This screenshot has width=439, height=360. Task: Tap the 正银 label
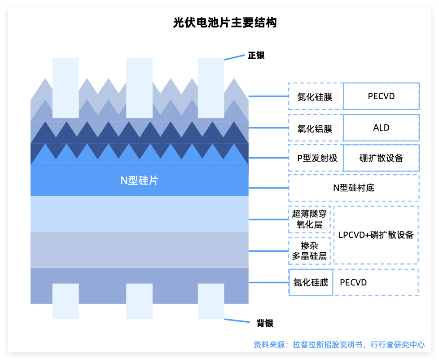tap(256, 56)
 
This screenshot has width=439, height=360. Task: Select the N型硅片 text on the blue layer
tap(139, 180)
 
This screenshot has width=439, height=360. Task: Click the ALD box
tap(381, 128)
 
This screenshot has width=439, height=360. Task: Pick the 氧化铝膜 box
tap(315, 129)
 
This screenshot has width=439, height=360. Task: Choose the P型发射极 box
tap(315, 158)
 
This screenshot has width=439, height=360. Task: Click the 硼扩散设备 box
tap(381, 158)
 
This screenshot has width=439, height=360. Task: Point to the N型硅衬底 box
tap(353, 188)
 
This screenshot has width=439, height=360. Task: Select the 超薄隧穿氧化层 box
tap(309, 220)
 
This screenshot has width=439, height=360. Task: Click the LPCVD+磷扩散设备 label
tap(376, 235)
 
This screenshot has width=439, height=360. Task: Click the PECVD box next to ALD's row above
tap(381, 96)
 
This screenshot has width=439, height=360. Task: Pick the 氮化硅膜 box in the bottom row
tap(311, 282)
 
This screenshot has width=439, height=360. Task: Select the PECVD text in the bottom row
tap(353, 282)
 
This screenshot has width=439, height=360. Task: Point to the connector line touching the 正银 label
tap(234, 57)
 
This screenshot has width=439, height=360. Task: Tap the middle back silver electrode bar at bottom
tap(139, 301)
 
